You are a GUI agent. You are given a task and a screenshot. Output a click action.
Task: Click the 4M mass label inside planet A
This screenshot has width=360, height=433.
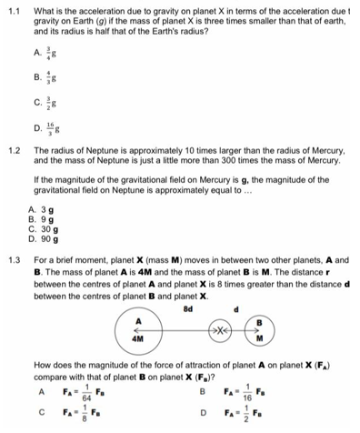[140, 337]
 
